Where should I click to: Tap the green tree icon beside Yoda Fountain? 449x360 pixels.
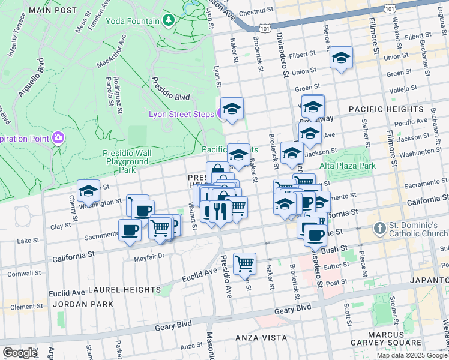[x=169, y=21]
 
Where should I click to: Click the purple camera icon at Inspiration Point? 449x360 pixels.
[x=58, y=138]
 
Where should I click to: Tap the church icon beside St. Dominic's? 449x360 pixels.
[x=379, y=228]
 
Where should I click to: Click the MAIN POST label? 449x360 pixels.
[x=53, y=10]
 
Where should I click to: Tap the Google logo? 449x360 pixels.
[x=20, y=352]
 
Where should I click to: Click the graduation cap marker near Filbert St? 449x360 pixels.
[x=341, y=58]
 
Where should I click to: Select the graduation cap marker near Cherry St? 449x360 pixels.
[x=88, y=191]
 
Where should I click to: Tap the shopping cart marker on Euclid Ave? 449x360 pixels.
[x=244, y=263]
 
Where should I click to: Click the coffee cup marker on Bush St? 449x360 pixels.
[x=314, y=235]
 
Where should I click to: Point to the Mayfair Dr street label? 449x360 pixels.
[x=149, y=255]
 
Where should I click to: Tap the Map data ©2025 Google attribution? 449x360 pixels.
[x=411, y=355]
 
